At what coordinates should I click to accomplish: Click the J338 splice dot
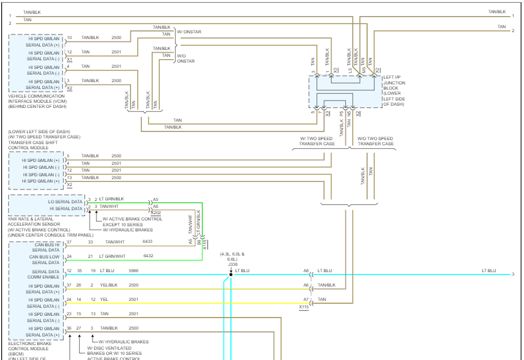coord(231,274)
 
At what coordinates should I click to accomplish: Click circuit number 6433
coord(148,242)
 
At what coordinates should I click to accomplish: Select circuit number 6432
coord(148,256)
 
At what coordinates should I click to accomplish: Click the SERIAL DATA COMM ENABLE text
coord(45,274)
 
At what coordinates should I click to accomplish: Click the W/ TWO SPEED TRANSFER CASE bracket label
coord(316,141)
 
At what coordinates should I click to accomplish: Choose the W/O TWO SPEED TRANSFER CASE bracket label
coord(375,141)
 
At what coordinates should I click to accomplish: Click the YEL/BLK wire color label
coord(109,284)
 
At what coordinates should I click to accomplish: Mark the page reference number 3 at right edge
coord(513,274)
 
